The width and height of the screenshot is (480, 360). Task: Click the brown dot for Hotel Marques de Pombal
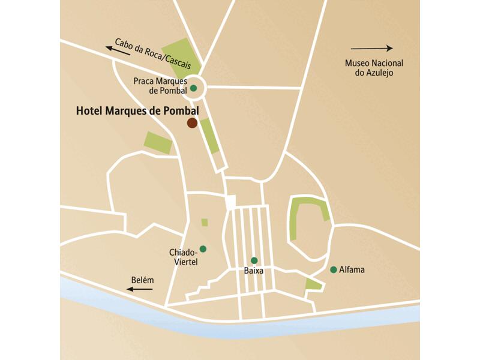coord(192,123)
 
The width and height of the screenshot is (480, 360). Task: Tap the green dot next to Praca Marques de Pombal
coord(193,88)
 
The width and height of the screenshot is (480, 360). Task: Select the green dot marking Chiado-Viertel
coord(203,248)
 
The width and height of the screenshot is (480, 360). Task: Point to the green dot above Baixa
coord(254,260)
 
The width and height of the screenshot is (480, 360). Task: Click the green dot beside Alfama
coord(333,269)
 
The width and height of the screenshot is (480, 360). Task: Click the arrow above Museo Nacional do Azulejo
coord(371,48)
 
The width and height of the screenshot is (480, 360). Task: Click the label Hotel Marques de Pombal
coord(137,111)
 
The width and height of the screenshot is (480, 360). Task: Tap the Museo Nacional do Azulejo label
coord(374,68)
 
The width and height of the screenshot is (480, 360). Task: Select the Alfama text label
coord(352,270)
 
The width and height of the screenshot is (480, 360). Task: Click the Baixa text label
coord(254,271)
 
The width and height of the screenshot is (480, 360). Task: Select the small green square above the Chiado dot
coord(205,223)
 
